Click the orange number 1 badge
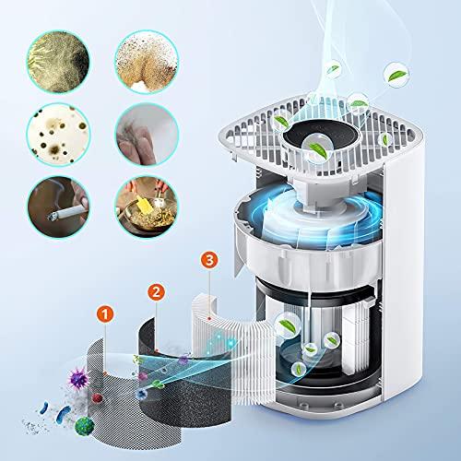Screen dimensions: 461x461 click(105, 314)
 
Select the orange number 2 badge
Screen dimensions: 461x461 click(156, 292)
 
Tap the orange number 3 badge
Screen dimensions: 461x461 click(209, 260)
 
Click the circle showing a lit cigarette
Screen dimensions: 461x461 click(58, 207)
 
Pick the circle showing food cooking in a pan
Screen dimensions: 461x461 click(147, 207)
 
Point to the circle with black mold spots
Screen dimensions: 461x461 click(58, 135)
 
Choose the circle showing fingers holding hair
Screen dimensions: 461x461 click(147, 135)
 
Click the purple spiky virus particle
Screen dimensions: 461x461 click(78, 379)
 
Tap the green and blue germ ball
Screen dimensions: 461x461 click(84, 426)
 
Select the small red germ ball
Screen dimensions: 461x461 click(97, 398)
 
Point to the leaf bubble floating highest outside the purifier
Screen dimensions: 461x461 click(396, 75)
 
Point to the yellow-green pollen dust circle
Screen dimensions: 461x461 click(58, 62)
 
